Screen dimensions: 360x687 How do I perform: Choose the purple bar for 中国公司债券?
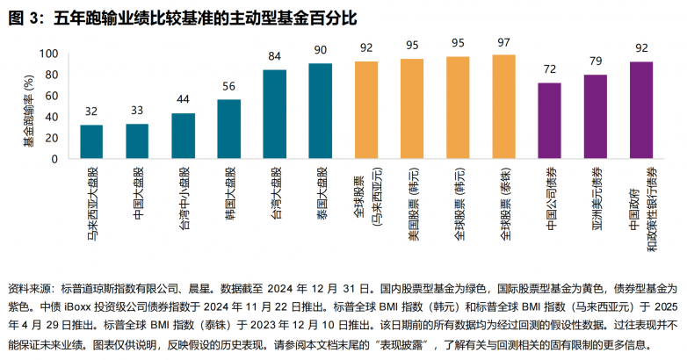pos(549,124)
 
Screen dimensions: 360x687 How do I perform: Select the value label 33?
pos(137,112)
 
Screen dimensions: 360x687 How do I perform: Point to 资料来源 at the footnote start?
pos(28,287)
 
